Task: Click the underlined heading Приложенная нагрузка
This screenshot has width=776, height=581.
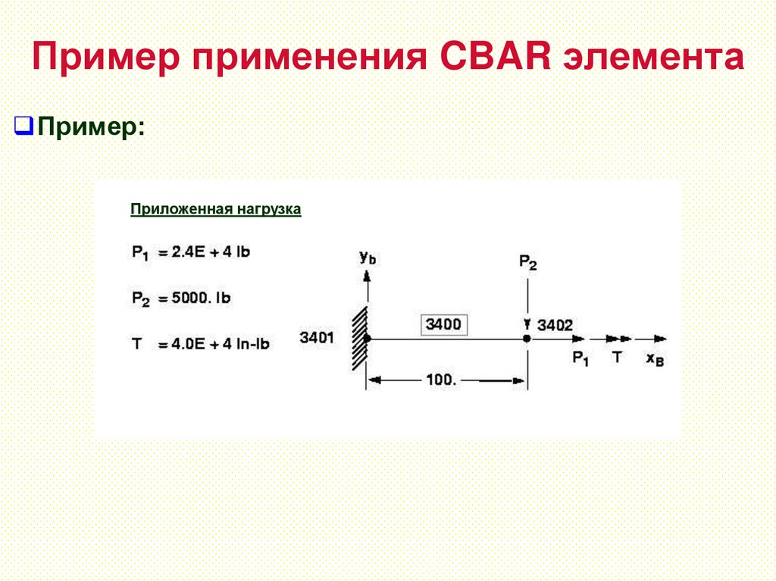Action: pos(216,208)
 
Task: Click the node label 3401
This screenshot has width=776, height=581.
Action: pos(317,338)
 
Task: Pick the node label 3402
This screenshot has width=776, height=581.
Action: pos(555,325)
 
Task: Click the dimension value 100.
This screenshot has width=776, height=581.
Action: pos(440,380)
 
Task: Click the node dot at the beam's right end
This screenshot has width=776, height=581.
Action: pos(527,338)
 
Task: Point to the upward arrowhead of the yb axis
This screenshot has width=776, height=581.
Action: pos(368,276)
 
